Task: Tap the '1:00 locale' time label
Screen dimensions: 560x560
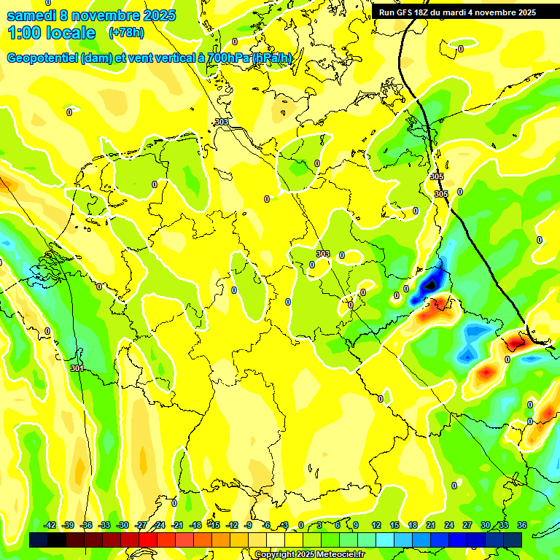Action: [51, 33]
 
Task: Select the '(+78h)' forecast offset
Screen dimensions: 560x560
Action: [125, 33]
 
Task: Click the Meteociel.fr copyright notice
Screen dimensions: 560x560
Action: [309, 555]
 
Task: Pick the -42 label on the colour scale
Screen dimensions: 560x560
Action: [50, 525]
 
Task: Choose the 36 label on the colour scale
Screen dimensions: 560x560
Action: [521, 525]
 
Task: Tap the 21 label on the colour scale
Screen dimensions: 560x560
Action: [431, 525]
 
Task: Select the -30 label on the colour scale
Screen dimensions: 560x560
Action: [122, 525]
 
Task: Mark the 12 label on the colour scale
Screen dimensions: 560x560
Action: [376, 525]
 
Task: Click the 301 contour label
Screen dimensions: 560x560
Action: [77, 368]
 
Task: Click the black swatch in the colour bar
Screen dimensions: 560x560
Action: [57, 540]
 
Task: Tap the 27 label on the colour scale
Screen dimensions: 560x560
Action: [467, 525]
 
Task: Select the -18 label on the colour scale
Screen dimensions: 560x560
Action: [195, 525]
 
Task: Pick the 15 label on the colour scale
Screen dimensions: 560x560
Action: [394, 525]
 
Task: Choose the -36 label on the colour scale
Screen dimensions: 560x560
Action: [86, 525]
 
